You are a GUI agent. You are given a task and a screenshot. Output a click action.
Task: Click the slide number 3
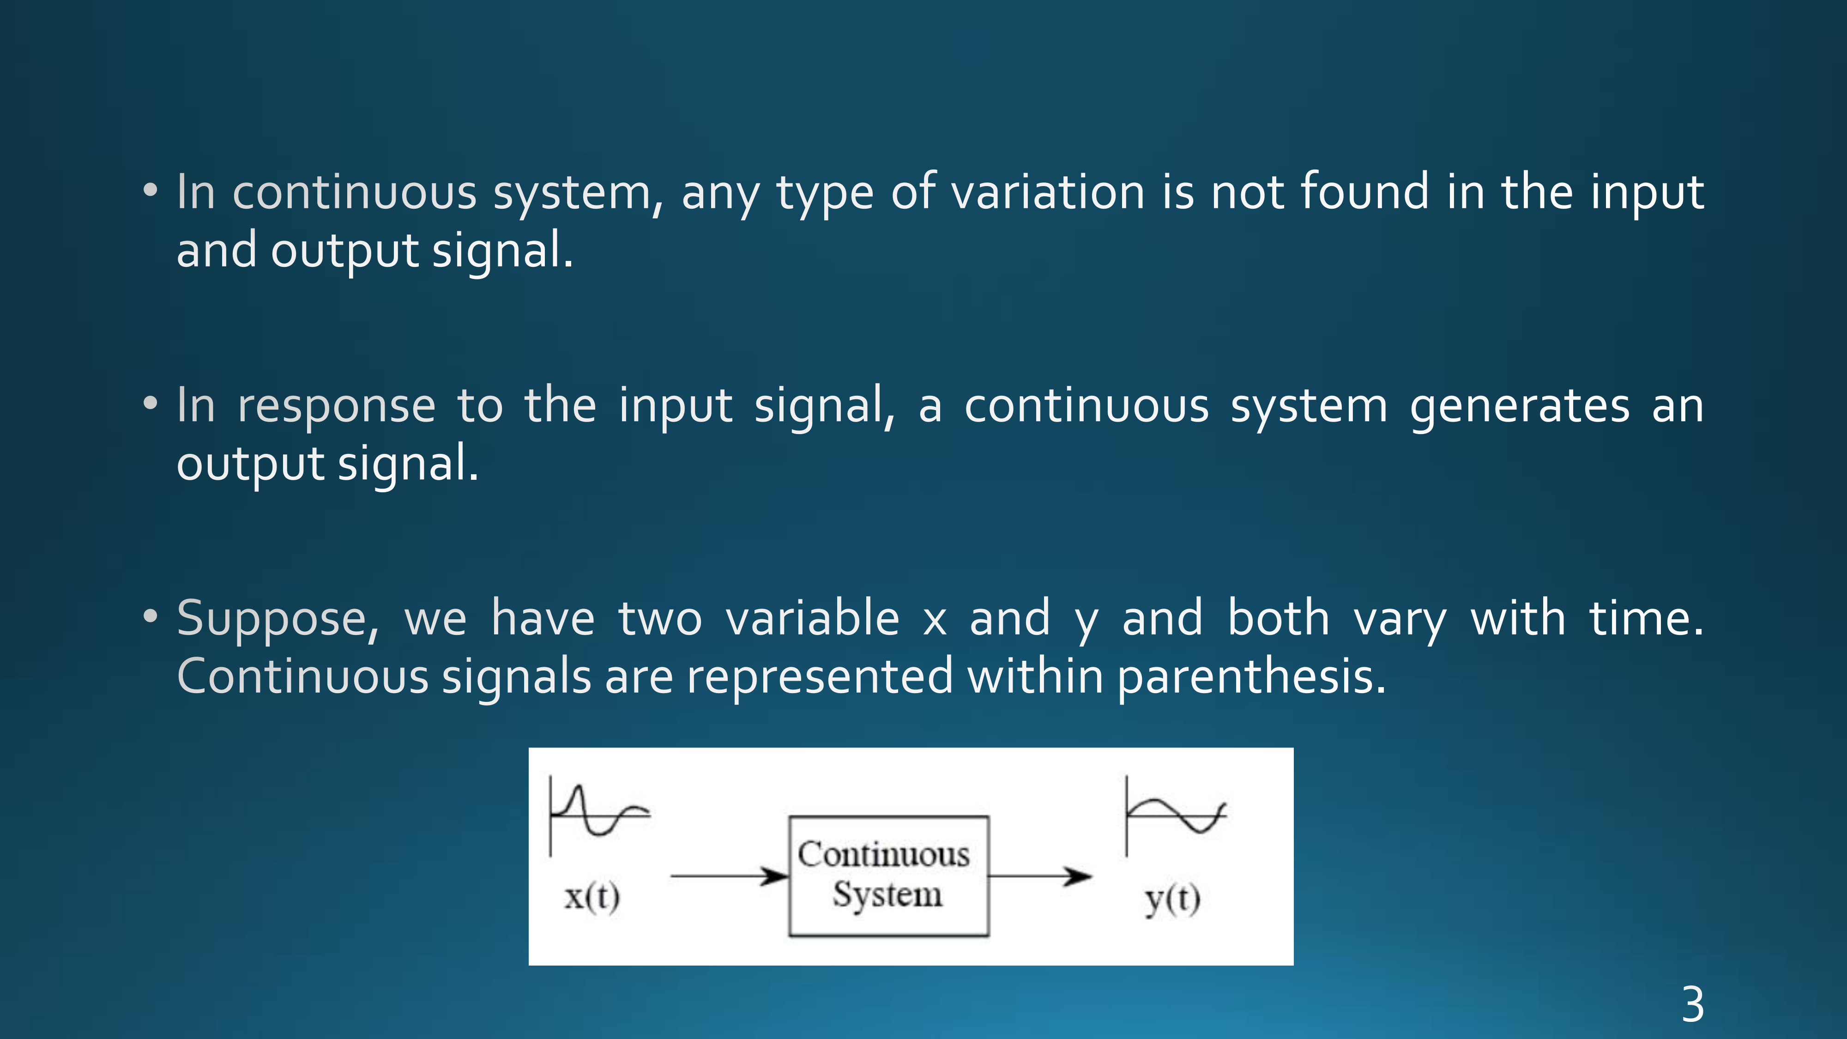click(1693, 1004)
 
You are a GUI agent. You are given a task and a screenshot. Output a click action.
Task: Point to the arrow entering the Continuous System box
click(729, 876)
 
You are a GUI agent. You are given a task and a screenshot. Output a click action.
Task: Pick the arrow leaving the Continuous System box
click(1040, 876)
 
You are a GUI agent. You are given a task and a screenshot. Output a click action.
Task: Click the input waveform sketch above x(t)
click(599, 815)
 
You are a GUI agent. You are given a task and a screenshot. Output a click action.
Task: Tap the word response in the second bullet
click(336, 406)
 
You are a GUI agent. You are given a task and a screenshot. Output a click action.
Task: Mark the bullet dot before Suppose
click(150, 616)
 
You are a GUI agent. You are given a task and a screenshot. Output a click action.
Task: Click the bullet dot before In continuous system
click(150, 190)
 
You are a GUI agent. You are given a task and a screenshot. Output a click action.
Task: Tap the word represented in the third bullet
click(820, 677)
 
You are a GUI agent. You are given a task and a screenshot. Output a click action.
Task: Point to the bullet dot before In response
click(150, 403)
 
